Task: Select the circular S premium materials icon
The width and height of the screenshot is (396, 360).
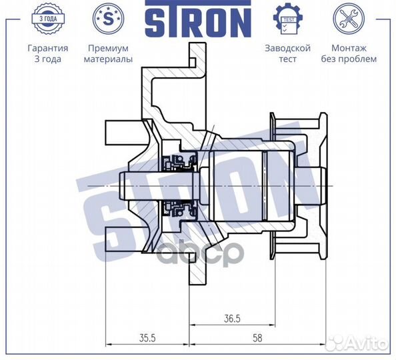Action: (109, 19)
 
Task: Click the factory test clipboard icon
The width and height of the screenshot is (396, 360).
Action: (288, 19)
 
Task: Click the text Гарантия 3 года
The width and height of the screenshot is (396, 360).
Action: (47, 53)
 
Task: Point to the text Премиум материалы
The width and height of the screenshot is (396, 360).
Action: (109, 53)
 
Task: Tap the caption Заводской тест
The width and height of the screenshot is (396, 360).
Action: (288, 53)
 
